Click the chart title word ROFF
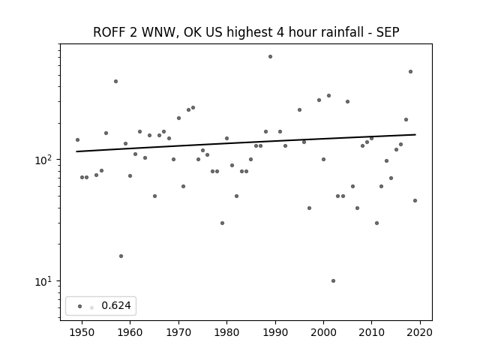click(109, 32)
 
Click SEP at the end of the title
click(388, 32)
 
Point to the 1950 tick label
click(82, 332)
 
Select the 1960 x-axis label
click(130, 332)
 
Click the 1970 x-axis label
click(178, 332)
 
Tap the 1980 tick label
click(226, 332)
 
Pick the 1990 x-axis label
click(275, 332)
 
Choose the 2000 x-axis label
click(323, 332)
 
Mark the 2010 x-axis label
click(372, 332)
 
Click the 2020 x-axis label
click(420, 332)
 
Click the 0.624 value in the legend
click(116, 305)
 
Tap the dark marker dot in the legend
click(80, 306)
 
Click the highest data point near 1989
click(270, 57)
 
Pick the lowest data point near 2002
click(333, 280)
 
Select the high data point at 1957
click(115, 82)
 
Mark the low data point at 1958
click(121, 256)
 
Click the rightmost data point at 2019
click(415, 200)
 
